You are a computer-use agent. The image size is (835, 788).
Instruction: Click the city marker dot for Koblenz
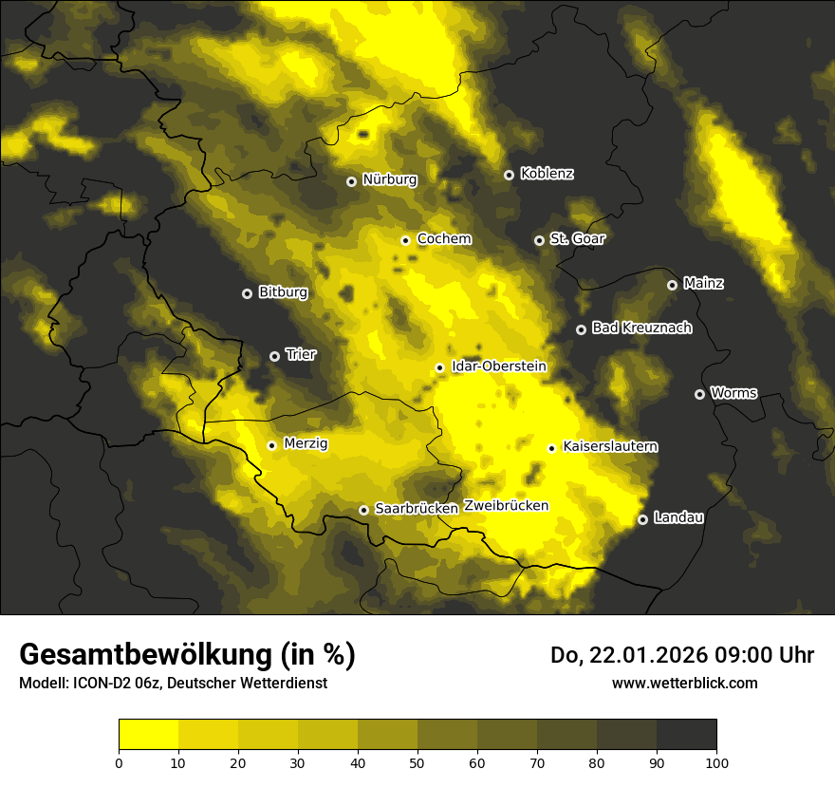[x=509, y=175]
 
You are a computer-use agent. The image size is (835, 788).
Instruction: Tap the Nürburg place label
[x=390, y=179]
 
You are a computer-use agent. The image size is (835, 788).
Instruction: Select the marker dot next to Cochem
[x=405, y=240]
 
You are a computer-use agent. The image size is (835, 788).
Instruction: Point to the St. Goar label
[x=577, y=238]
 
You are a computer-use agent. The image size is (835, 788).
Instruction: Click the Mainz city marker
[x=672, y=285]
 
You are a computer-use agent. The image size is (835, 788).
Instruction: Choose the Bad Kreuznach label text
[x=641, y=328]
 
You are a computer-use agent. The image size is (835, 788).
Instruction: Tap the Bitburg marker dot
[x=247, y=293]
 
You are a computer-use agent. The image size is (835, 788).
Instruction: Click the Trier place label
[x=301, y=354]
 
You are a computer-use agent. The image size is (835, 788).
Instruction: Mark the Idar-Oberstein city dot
[x=439, y=367]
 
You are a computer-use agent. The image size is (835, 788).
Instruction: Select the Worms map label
[x=733, y=392]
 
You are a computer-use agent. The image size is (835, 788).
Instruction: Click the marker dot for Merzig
[x=271, y=445]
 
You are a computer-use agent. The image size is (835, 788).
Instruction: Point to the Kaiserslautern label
[x=610, y=446]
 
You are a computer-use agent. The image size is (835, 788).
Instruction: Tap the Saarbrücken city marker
[x=363, y=510]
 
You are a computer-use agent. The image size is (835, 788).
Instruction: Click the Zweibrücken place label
[x=506, y=506]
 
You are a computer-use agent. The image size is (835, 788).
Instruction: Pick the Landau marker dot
[x=642, y=519]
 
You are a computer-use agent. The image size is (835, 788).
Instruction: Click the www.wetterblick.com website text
[x=684, y=683]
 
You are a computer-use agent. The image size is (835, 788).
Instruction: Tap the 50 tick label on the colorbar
[x=417, y=762]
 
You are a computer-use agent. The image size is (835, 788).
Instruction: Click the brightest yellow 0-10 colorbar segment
[x=148, y=735]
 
